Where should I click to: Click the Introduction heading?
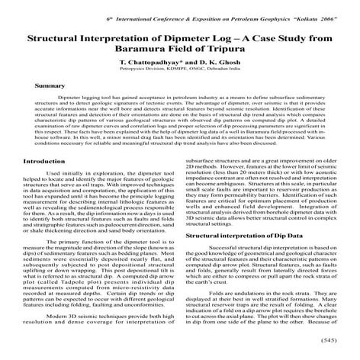point(45,183)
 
